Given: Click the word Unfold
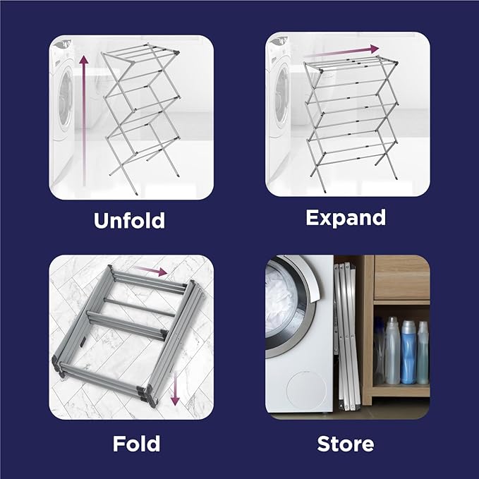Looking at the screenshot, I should (129, 220).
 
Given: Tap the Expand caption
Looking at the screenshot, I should (346, 217).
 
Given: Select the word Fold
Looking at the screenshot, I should (136, 444).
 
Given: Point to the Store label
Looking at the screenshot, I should (346, 444).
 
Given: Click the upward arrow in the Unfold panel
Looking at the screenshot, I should (83, 120).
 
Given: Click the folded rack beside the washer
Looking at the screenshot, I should (345, 332).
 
